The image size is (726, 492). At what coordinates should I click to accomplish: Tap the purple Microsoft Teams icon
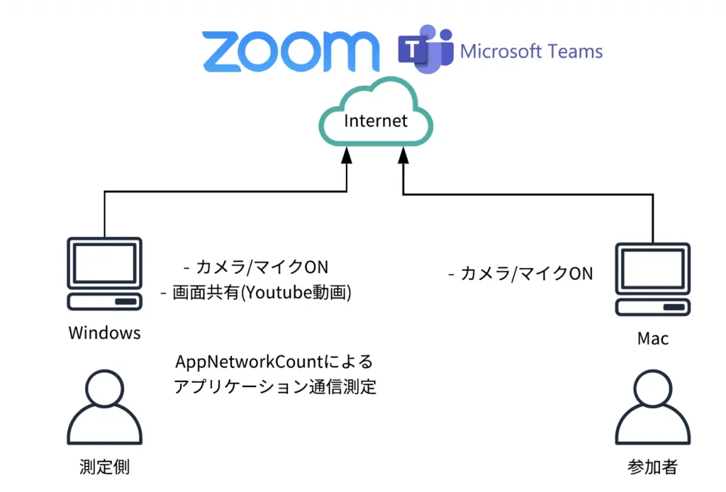[425, 50]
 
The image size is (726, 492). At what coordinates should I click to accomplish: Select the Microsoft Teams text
[532, 51]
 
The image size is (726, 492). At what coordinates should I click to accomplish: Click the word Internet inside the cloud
[376, 121]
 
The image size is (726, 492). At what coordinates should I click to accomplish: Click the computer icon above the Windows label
[104, 274]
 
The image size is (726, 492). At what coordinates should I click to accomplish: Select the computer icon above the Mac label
[652, 280]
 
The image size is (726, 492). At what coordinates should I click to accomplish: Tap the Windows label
[104, 332]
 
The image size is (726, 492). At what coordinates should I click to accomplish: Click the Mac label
[652, 338]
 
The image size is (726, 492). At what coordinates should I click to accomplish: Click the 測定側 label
[104, 466]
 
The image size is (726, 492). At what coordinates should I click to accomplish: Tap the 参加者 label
[652, 466]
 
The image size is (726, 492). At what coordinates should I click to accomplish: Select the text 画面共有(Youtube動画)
[262, 292]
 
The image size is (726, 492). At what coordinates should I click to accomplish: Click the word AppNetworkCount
[248, 362]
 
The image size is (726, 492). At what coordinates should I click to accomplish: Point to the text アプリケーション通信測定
[274, 387]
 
